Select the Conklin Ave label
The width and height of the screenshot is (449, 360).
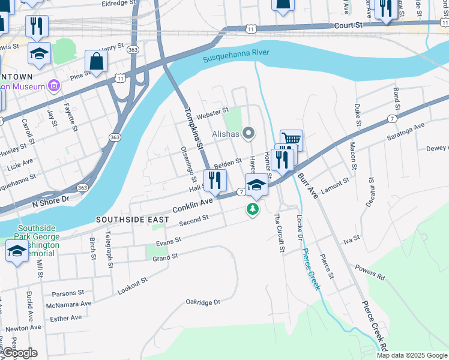pyautogui.click(x=193, y=206)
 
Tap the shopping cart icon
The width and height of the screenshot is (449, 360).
pyautogui.click(x=291, y=140)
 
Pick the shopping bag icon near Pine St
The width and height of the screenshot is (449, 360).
pyautogui.click(x=97, y=61)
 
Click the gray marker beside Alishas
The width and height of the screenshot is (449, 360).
pyautogui.click(x=248, y=133)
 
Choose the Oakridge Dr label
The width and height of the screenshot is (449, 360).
pyautogui.click(x=203, y=302)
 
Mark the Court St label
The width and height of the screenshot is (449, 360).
pyautogui.click(x=349, y=26)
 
